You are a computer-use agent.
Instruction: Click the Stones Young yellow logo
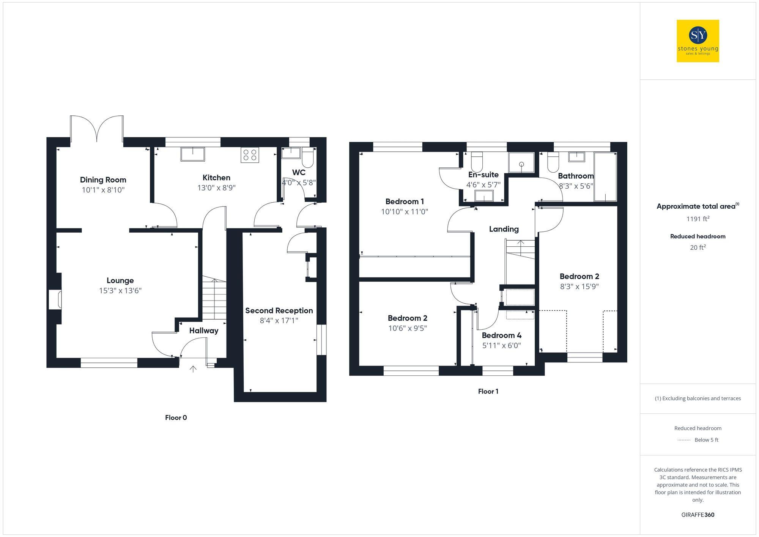pos(698,41)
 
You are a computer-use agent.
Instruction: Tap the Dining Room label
pos(103,180)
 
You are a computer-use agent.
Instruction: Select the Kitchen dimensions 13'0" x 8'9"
pos(216,188)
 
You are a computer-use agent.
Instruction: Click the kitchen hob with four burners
pos(250,155)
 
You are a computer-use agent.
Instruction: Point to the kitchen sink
pos(192,154)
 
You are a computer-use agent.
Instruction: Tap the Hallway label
pos(204,331)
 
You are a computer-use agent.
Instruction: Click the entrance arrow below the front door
pos(193,368)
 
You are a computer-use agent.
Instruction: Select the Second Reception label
pos(279,311)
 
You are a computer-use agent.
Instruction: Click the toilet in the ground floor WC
pos(307,158)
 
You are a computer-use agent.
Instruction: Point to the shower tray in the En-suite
pos(521,162)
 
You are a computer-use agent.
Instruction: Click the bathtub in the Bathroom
pos(605,177)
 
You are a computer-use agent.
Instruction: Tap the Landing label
pos(504,229)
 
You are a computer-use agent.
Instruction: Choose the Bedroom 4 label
pos(501,335)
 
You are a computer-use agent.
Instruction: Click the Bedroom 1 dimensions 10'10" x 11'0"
pos(405,212)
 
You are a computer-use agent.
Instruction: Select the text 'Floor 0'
pos(176,418)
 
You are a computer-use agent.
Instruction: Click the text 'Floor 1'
pos(488,392)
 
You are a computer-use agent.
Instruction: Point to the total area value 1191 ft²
pos(698,219)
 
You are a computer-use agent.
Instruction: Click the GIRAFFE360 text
pos(698,515)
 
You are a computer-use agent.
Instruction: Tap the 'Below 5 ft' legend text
pos(706,440)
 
